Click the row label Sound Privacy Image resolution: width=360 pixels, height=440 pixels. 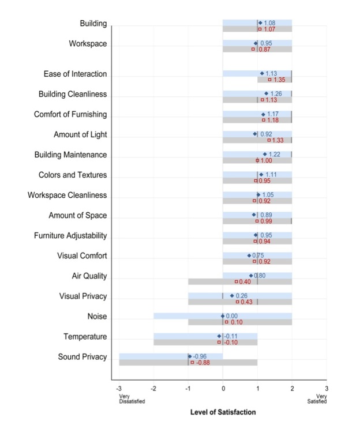(82, 357)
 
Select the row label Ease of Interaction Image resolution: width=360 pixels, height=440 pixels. (75, 74)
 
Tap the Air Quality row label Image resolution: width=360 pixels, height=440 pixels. (89, 276)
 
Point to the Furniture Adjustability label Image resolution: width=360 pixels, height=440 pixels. (70, 236)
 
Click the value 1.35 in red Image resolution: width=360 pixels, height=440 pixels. (280, 80)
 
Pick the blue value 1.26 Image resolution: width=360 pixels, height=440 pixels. (276, 93)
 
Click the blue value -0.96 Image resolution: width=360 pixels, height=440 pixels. (200, 356)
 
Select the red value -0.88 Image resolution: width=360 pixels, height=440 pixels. (202, 363)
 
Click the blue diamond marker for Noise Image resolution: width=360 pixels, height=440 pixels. (223, 316)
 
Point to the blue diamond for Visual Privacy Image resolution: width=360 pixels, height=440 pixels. (232, 296)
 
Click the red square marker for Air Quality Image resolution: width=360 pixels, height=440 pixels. (236, 281)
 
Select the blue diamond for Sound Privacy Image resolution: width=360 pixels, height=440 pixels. (190, 356)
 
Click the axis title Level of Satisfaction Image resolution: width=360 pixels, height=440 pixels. (223, 412)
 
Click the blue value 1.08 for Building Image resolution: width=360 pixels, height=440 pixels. (269, 22)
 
